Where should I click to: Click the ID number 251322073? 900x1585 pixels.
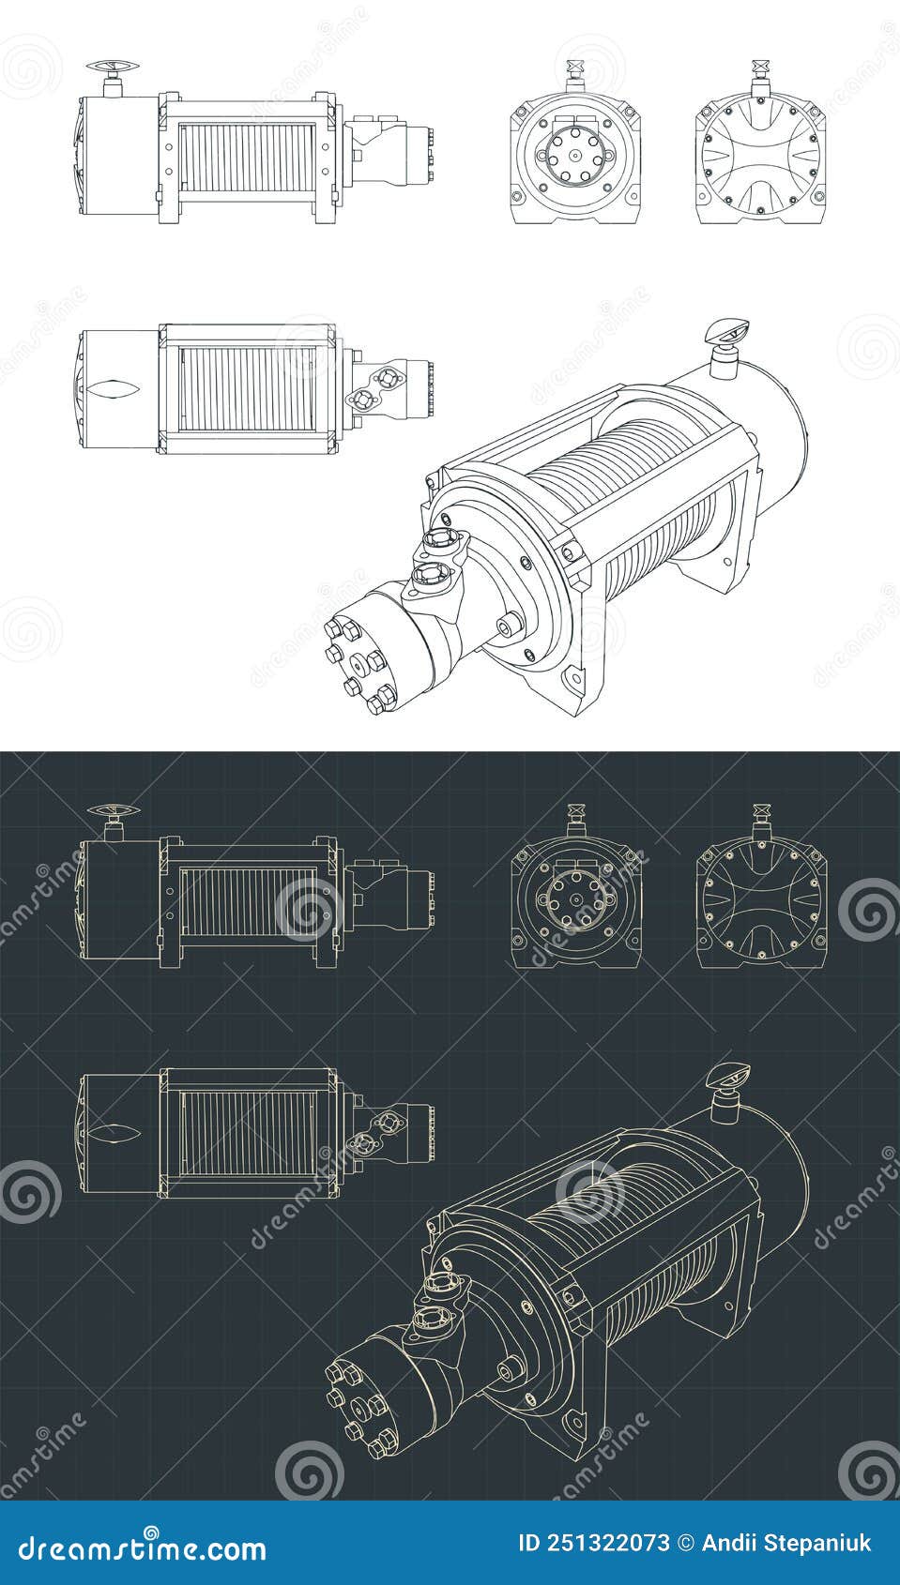click(595, 1543)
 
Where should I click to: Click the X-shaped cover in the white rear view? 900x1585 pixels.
click(761, 156)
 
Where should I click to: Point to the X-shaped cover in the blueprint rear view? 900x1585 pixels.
click(761, 899)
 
